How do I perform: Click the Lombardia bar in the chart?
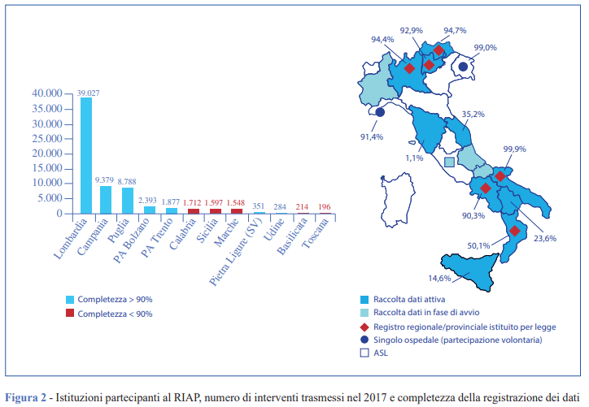(x=85, y=155)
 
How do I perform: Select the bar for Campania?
(x=107, y=200)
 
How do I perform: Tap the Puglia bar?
(x=128, y=201)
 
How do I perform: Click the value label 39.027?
(x=86, y=93)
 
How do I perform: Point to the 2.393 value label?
(x=148, y=200)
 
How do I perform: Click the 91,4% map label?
(x=370, y=136)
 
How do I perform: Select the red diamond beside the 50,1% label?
(x=514, y=232)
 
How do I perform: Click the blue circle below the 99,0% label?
(x=463, y=67)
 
